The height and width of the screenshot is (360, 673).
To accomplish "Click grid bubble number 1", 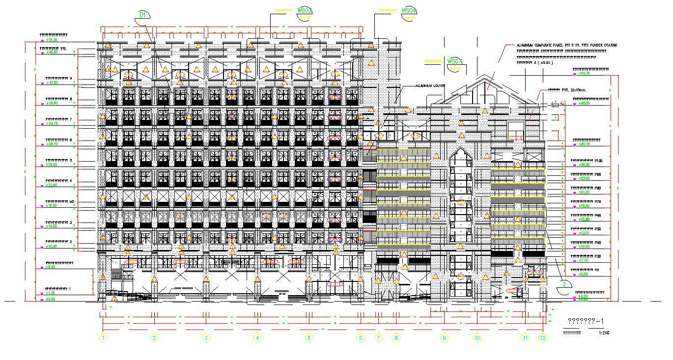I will pyautogui.click(x=103, y=338).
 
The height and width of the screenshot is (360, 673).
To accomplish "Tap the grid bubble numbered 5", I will pyautogui.click(x=308, y=338).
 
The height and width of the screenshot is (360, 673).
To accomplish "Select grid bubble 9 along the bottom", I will pyautogui.click(x=444, y=338).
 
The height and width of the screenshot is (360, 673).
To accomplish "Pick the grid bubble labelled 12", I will pyautogui.click(x=542, y=338).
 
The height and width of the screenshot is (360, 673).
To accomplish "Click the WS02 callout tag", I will pyautogui.click(x=305, y=10).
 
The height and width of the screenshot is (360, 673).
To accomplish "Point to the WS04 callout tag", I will pyautogui.click(x=409, y=10).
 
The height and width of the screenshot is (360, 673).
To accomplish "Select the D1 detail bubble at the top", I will pyautogui.click(x=142, y=16).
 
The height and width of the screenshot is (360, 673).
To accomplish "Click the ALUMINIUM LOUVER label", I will pyautogui.click(x=430, y=85).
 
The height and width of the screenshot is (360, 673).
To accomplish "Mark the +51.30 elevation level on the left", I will pyautogui.click(x=52, y=40).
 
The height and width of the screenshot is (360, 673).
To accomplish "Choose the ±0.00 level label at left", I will pyautogui.click(x=51, y=299).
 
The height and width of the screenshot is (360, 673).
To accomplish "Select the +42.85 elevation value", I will pyautogui.click(x=52, y=83).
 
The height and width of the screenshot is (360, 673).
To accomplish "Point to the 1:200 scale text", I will pyautogui.click(x=604, y=332).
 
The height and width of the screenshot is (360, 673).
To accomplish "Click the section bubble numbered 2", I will pyautogui.click(x=565, y=284).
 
